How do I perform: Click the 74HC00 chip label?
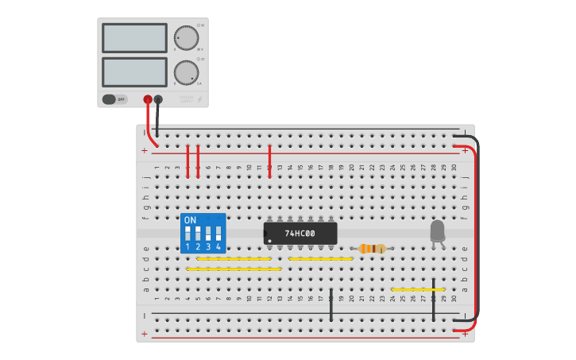click(x=300, y=234)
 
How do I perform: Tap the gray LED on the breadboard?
click(x=437, y=231)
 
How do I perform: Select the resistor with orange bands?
click(x=372, y=249)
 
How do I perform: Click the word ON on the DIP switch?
click(x=190, y=220)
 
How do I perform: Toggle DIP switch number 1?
click(x=188, y=234)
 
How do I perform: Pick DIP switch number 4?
click(x=218, y=234)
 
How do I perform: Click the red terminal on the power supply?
click(x=148, y=99)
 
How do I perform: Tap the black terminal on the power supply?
click(x=158, y=99)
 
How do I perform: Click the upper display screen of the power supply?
click(x=134, y=38)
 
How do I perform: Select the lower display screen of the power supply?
click(x=134, y=72)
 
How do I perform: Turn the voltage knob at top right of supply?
click(x=186, y=38)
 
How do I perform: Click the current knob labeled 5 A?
click(x=186, y=72)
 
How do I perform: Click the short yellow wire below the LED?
click(x=417, y=290)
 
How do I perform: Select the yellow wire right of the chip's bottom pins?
click(x=320, y=259)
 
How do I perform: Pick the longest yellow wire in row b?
click(x=234, y=269)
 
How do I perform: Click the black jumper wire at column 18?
click(x=331, y=305)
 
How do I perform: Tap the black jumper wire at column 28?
click(x=433, y=300)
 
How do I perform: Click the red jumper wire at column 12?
click(x=270, y=161)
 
